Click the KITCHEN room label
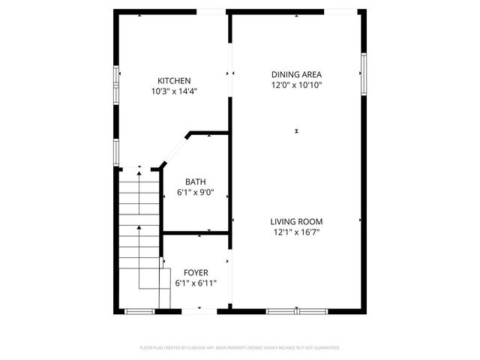174,81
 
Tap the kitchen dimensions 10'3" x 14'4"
174,91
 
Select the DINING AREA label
296,74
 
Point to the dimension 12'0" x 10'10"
296,85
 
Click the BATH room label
196,181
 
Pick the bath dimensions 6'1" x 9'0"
196,192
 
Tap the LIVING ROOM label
296,221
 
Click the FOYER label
196,272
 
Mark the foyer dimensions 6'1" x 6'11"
196,283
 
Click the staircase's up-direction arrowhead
139,173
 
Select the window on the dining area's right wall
363,73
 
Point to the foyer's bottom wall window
139,310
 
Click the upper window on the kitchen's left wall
116,79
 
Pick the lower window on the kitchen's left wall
116,150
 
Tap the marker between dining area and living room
296,131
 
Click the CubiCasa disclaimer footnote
240,348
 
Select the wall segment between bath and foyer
196,234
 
